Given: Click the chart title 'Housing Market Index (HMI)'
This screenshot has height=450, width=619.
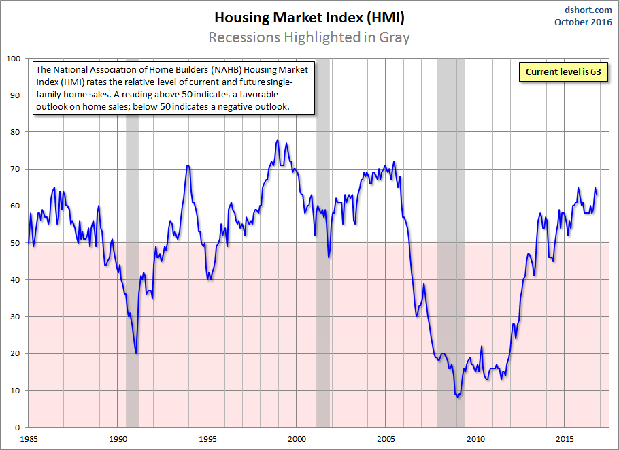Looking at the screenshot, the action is tap(309, 18).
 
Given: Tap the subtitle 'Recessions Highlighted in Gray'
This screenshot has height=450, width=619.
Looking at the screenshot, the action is tap(309, 37).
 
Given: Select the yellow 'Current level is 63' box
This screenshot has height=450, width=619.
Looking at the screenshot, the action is tap(563, 72).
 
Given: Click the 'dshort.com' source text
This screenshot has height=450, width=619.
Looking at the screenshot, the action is tap(588, 10).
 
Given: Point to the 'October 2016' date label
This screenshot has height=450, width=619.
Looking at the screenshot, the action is tap(583, 22).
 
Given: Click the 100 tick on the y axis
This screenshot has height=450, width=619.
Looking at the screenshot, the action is tap(14, 59).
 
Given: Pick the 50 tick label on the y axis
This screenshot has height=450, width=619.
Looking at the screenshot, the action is tap(15, 243).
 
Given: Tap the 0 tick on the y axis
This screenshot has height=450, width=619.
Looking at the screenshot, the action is tap(18, 427).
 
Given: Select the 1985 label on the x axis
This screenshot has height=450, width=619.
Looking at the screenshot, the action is tap(29, 439).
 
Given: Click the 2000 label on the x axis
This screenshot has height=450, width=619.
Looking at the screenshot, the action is tap(297, 439).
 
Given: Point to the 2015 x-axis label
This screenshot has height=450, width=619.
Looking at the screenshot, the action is tap(565, 439).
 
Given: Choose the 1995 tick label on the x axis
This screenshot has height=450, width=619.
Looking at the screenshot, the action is tap(207, 439).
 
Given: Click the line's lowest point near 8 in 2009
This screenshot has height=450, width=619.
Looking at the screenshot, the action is tap(458, 397).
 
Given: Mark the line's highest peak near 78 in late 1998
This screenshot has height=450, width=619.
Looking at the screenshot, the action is tap(278, 140).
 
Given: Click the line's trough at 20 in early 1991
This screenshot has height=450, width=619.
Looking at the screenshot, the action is tap(136, 353).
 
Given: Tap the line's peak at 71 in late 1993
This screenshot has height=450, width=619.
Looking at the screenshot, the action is tap(188, 165).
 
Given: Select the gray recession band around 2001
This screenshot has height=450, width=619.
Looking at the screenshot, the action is tap(323, 242).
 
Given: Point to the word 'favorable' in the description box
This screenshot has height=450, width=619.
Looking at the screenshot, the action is tap(258, 95).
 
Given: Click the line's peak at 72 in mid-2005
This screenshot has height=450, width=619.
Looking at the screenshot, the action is tap(394, 161).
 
